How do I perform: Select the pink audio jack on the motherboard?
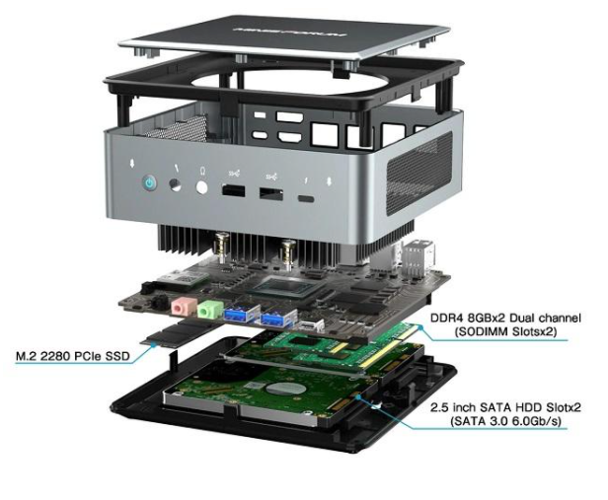[x=180, y=306]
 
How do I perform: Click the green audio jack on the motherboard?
[x=205, y=311]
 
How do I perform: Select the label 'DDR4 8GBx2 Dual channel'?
[x=506, y=318]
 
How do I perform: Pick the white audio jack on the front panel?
[x=202, y=187]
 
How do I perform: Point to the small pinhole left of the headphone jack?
[x=178, y=185]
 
